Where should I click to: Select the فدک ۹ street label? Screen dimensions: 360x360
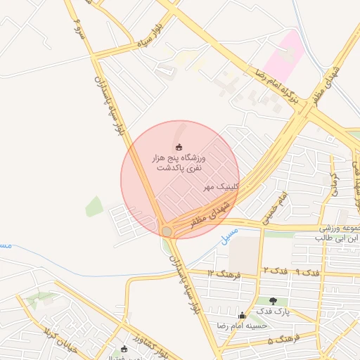tap(307, 271)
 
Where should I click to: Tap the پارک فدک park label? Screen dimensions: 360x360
tap(273, 310)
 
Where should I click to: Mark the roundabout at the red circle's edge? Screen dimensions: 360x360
tap(167, 231)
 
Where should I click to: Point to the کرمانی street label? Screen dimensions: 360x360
tap(335, 184)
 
